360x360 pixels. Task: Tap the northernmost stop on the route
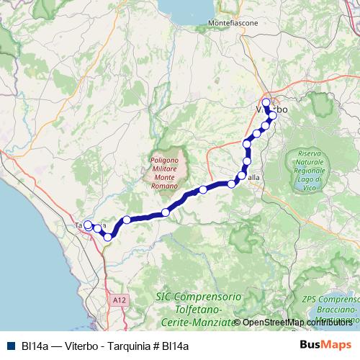pyautogui.click(x=266, y=102)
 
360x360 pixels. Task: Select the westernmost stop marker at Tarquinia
pyautogui.click(x=88, y=225)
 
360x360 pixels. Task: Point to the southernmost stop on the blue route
pyautogui.click(x=108, y=236)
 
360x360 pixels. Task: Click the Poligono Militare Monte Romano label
pyautogui.click(x=165, y=173)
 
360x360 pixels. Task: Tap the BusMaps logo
pyautogui.click(x=325, y=345)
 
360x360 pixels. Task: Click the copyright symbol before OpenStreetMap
pyautogui.click(x=237, y=323)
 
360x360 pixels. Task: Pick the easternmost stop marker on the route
pyautogui.click(x=273, y=115)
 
